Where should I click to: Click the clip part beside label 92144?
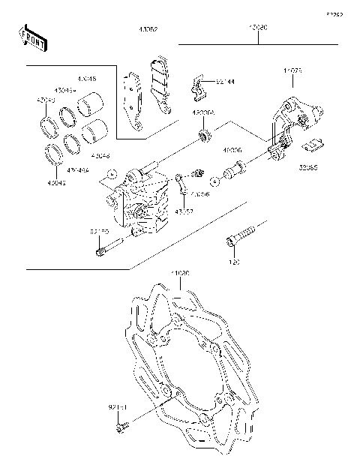[x=197, y=88]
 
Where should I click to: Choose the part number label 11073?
[x=292, y=71]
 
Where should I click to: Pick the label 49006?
[x=232, y=150]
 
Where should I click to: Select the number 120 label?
[x=233, y=263]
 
